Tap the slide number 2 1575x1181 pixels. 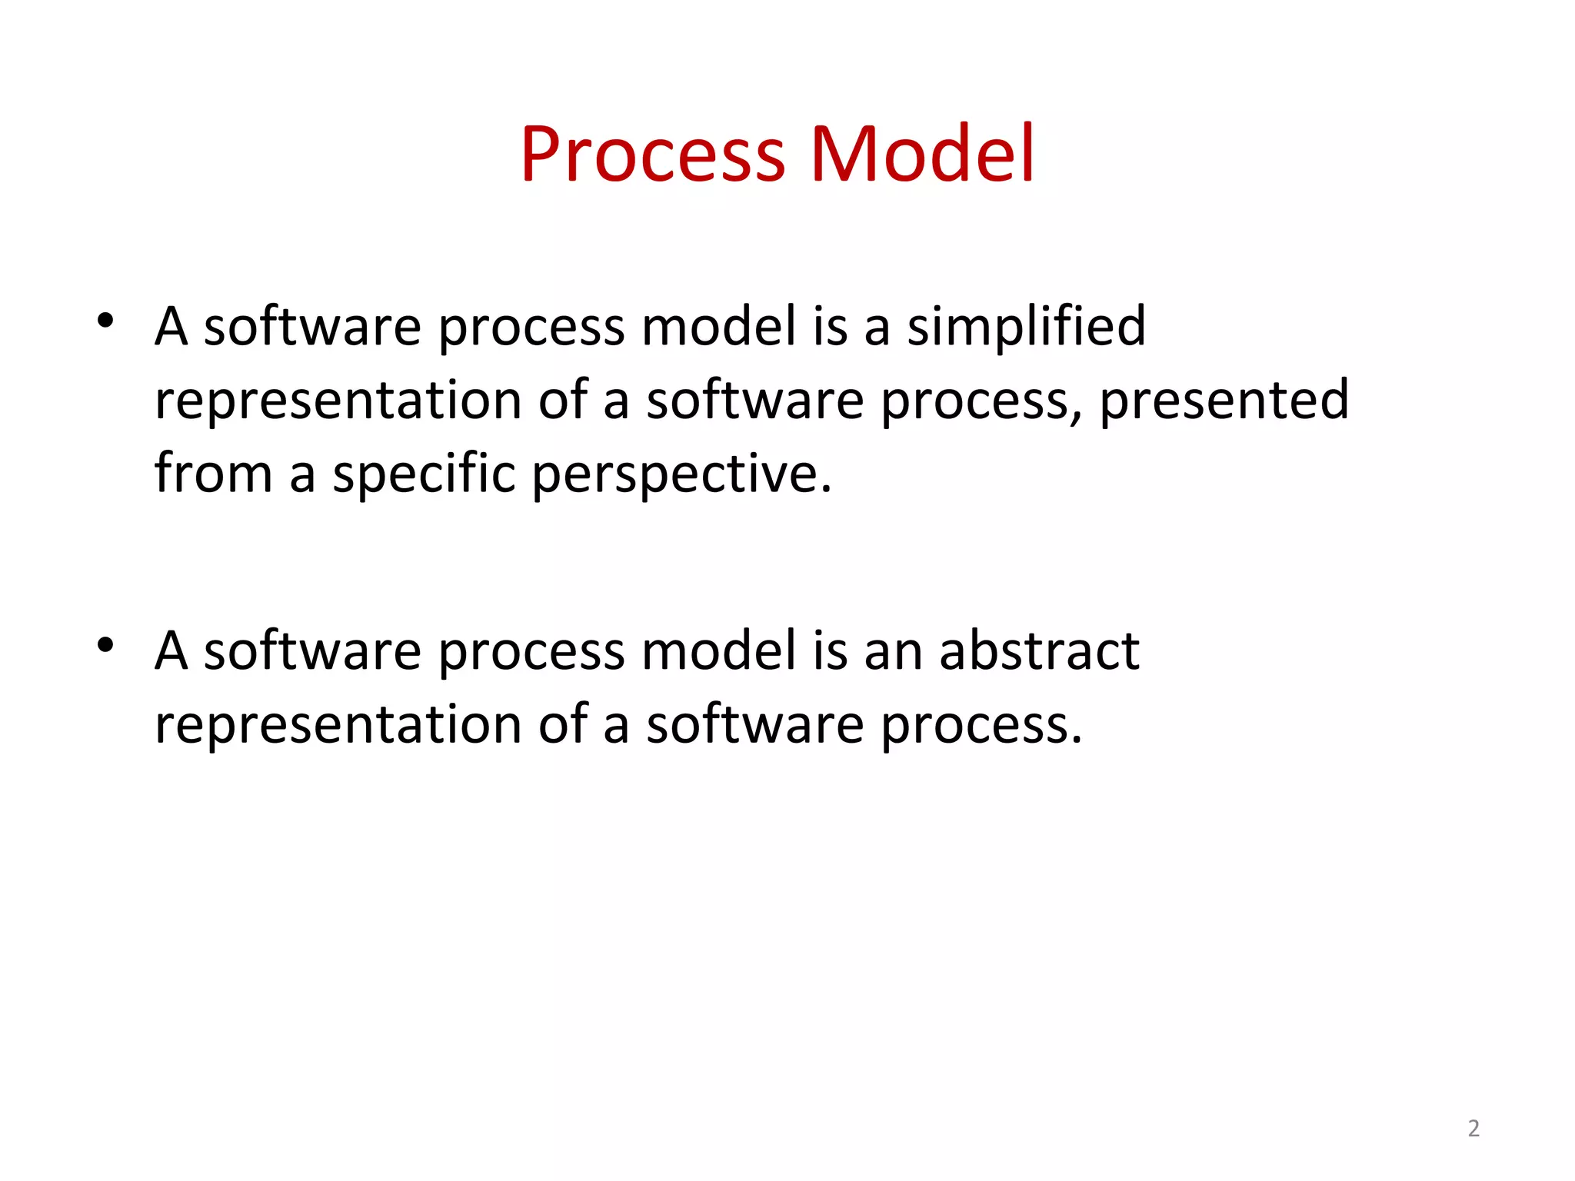pyautogui.click(x=1473, y=1128)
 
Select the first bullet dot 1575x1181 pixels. pyautogui.click(x=105, y=320)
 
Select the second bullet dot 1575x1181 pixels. pyautogui.click(x=105, y=644)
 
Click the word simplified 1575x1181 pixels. pyautogui.click(x=1026, y=327)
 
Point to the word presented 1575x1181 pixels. pyautogui.click(x=1224, y=401)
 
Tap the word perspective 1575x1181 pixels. pyautogui.click(x=681, y=475)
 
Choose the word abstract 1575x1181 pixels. pyautogui.click(x=1038, y=651)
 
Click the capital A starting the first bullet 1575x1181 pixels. pyautogui.click(x=171, y=327)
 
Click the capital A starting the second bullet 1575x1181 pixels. pyautogui.click(x=171, y=651)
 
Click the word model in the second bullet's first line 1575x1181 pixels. pyautogui.click(x=718, y=651)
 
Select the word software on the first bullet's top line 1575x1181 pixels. pyautogui.click(x=311, y=327)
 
